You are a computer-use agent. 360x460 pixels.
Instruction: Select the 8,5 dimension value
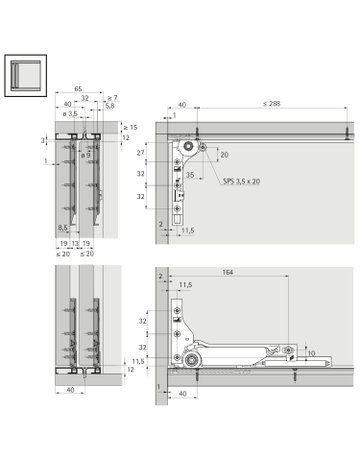(62, 228)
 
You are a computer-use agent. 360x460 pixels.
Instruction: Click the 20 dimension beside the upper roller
(224, 155)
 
